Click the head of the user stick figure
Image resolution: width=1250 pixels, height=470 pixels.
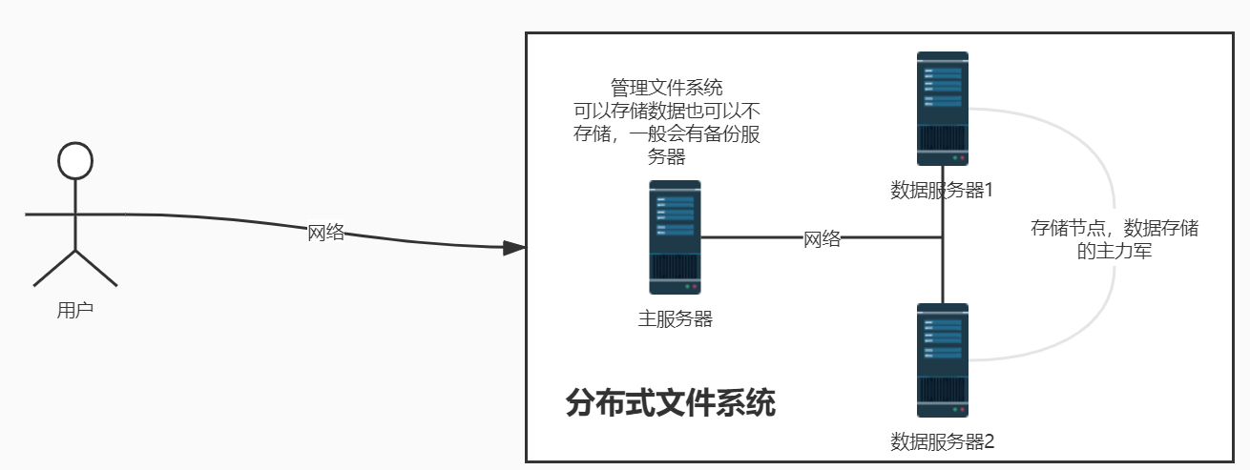pos(75,161)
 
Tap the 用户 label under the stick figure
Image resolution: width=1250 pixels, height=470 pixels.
pos(75,310)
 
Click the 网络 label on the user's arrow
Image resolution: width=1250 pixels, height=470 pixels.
pos(325,233)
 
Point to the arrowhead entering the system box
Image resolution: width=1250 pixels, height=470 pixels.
pos(514,248)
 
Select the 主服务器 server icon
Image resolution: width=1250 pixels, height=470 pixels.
pos(675,236)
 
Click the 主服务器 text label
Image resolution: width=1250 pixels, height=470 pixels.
pos(675,319)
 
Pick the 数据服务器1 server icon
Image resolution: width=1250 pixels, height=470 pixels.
pos(942,108)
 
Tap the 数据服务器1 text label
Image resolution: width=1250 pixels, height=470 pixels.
pos(942,190)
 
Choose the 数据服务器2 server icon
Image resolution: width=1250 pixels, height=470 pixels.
pos(942,359)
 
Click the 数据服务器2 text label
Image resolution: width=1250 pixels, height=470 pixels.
pos(942,441)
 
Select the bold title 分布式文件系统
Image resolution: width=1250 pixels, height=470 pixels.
pos(670,403)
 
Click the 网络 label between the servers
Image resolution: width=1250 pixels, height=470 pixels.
pos(822,239)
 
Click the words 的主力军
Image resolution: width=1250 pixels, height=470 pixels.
pos(1114,253)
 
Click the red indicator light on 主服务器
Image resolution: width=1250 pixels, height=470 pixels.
pos(695,286)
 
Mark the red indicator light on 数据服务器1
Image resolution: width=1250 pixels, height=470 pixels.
pos(963,157)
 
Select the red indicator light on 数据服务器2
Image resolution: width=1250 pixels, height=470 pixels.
pos(963,409)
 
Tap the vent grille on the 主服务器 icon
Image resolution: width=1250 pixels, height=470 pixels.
pos(675,265)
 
